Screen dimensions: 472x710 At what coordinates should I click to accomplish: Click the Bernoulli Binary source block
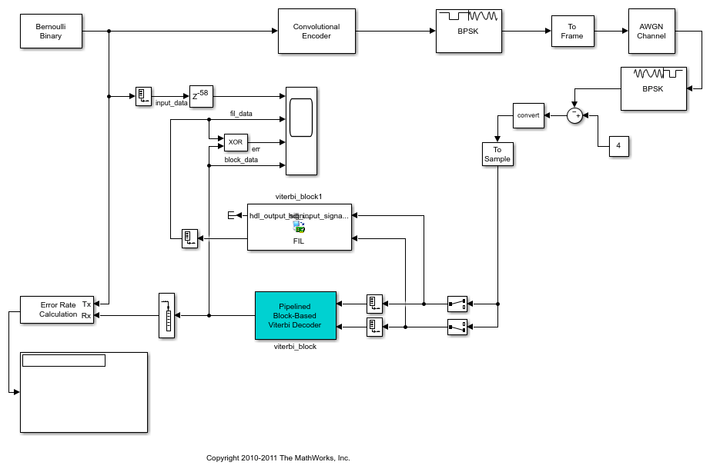[51, 31]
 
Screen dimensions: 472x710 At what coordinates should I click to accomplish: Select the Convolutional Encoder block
[316, 31]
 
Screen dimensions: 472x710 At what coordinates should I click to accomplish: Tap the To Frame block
[572, 32]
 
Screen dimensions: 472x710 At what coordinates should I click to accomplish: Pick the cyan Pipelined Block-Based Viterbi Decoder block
[296, 315]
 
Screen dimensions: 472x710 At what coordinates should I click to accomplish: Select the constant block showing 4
[618, 146]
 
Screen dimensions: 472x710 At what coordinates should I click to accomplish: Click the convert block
[528, 115]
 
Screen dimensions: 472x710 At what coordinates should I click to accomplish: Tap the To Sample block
[497, 154]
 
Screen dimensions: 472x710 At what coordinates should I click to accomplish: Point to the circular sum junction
[574, 115]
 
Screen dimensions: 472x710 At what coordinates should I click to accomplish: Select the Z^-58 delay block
[200, 96]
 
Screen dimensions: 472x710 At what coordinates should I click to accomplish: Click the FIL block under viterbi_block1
[299, 227]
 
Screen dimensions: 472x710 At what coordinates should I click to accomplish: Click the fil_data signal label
[241, 114]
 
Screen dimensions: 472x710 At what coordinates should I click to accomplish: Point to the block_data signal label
[241, 160]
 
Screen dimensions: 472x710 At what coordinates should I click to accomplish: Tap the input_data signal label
[171, 102]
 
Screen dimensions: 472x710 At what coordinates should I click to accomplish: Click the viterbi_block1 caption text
[299, 197]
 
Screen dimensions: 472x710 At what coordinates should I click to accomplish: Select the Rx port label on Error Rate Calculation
[86, 314]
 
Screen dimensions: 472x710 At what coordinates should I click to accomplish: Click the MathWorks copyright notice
[278, 457]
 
